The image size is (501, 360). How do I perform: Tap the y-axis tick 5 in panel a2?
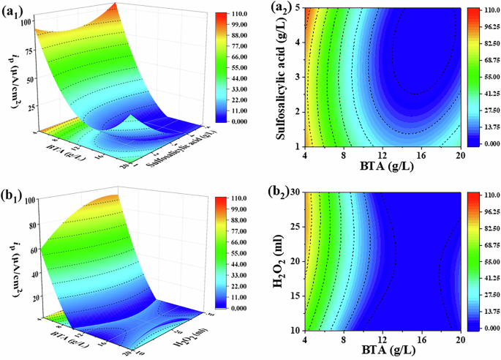click(296, 8)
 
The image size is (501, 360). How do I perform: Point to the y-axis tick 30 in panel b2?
click(294, 192)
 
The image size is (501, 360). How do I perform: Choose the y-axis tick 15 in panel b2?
click(294, 296)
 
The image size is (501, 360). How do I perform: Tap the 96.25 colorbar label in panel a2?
click(484, 27)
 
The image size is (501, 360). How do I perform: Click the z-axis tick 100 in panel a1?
click(28, 21)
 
